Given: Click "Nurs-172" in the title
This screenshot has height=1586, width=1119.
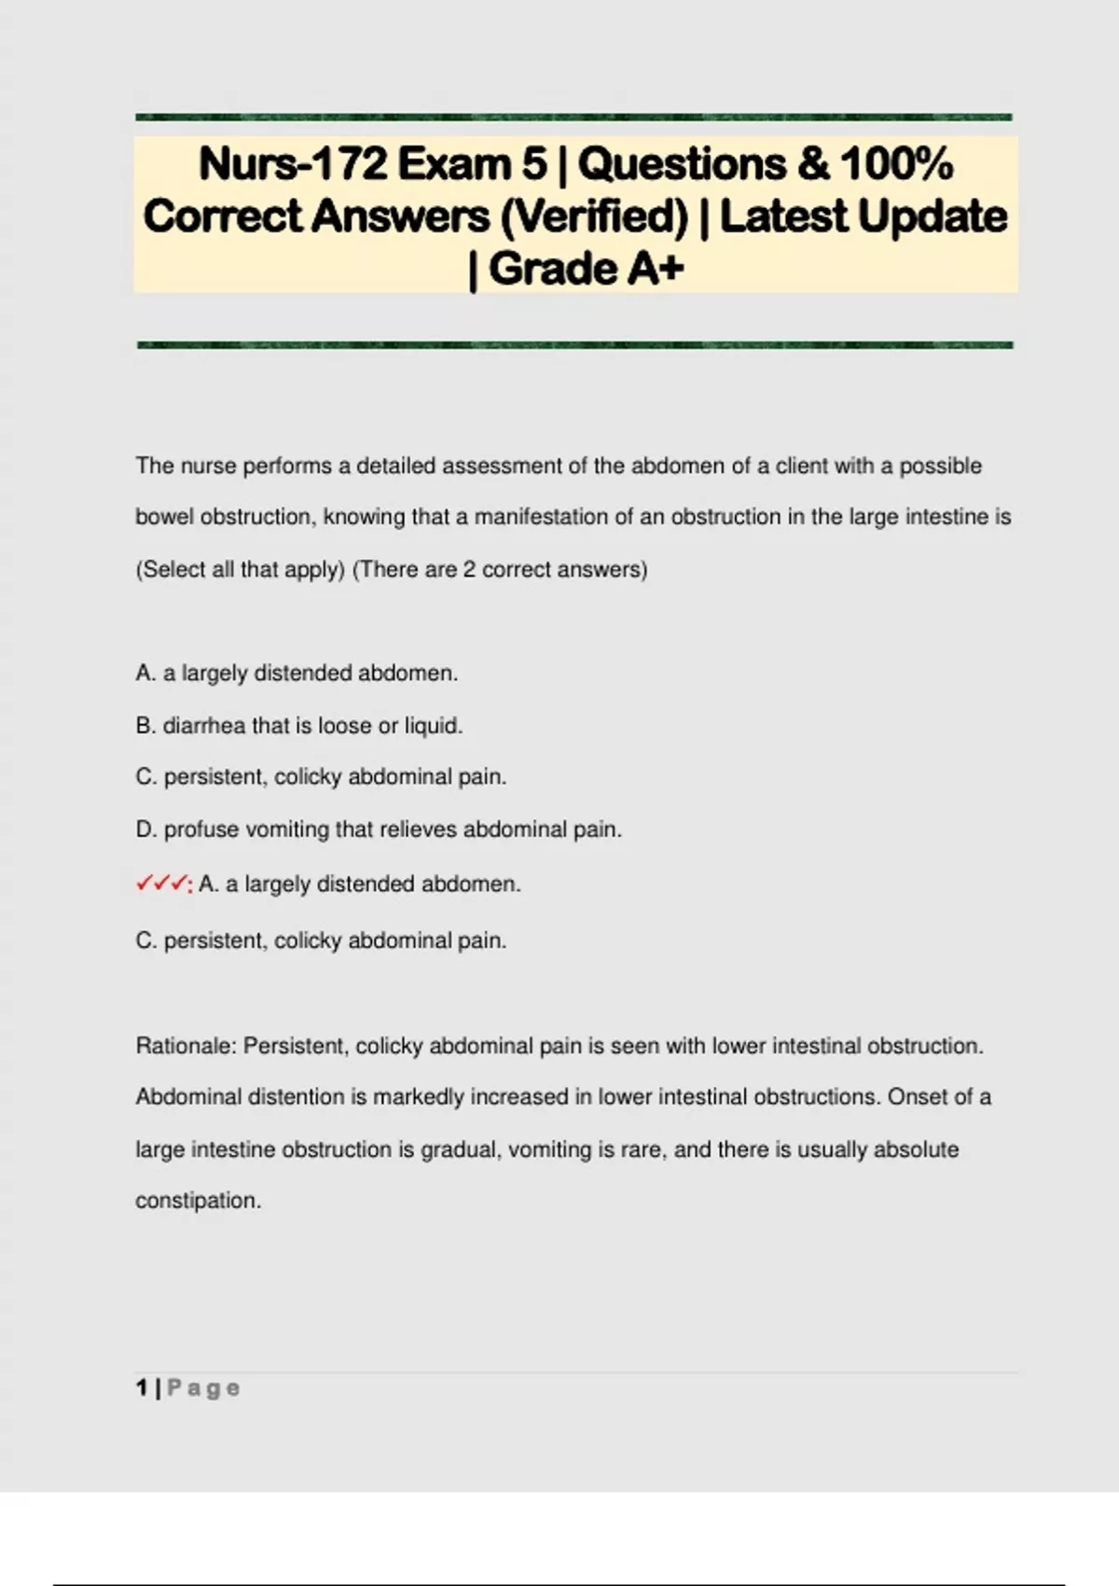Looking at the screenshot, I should [292, 164].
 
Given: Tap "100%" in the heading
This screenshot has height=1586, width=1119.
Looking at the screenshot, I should [896, 164].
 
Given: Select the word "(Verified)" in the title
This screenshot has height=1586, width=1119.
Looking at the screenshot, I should [594, 216].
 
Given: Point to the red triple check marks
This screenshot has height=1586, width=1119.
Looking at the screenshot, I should [162, 883].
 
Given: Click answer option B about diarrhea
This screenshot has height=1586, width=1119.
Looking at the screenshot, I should [298, 725].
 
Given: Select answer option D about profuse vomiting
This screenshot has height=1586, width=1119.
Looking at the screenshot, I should [378, 828].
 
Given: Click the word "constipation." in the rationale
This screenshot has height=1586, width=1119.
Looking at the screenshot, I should [198, 1200].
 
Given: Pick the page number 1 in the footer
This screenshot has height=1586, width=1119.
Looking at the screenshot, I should [142, 1388].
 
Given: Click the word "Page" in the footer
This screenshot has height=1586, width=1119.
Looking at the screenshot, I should [203, 1388].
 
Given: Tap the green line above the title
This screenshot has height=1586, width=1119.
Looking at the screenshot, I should [573, 118].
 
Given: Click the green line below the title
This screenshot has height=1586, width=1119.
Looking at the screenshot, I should [573, 345].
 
